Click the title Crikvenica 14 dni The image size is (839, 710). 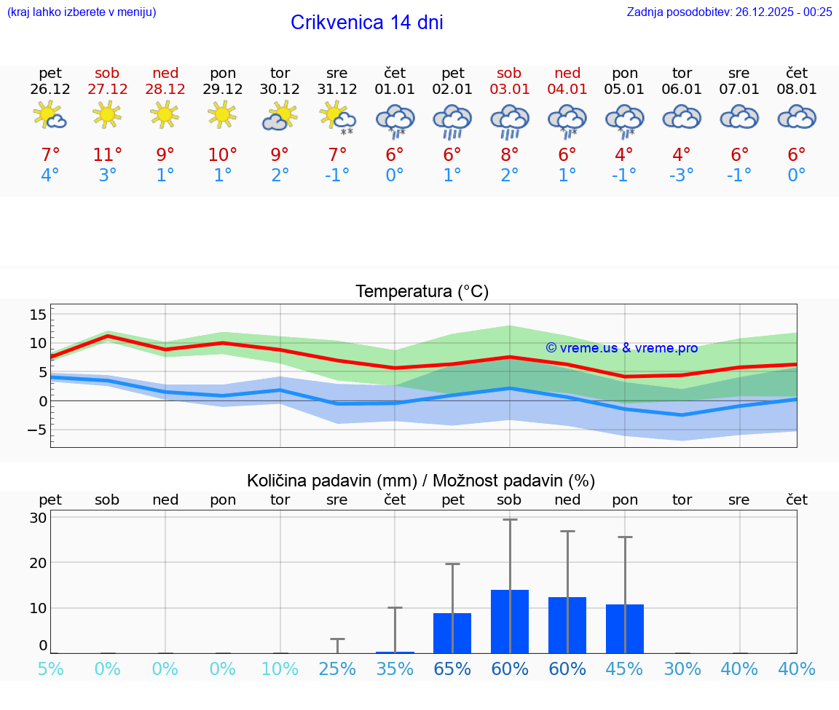(366, 23)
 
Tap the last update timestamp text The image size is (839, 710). (729, 12)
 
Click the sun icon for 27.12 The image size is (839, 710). (107, 114)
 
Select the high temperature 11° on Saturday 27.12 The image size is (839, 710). (107, 155)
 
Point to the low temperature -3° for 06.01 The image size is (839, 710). (682, 175)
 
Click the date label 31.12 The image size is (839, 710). (336, 89)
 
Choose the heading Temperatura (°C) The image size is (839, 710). (422, 292)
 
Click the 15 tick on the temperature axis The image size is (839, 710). (38, 315)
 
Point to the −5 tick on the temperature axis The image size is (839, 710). (36, 430)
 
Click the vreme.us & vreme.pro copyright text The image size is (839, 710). (621, 348)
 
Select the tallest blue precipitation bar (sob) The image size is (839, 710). (509, 621)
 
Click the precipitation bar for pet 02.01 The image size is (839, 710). (452, 633)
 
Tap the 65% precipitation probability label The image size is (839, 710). (452, 669)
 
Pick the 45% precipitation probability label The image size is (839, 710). (624, 669)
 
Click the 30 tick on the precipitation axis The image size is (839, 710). (38, 518)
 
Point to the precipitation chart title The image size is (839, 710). (420, 481)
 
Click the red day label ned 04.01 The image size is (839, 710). (567, 74)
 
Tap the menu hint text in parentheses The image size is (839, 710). (82, 12)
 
